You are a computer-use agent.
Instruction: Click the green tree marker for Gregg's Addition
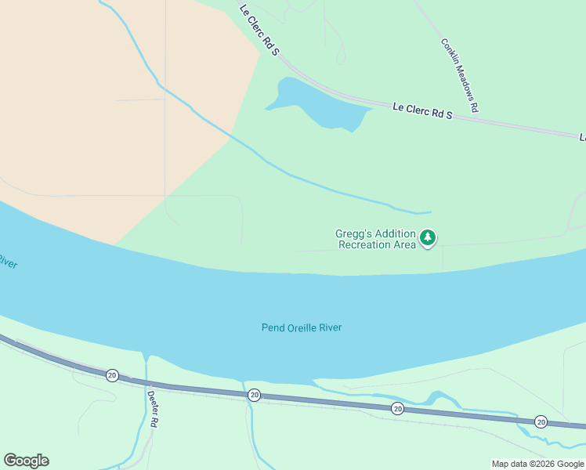click(428, 237)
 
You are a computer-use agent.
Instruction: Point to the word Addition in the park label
click(395, 233)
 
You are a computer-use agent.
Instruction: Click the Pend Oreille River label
click(302, 327)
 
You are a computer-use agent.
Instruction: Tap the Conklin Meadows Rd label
click(459, 76)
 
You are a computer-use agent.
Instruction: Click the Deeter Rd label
click(154, 408)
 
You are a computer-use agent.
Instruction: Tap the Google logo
click(26, 461)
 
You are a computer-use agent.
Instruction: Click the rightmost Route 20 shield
click(541, 421)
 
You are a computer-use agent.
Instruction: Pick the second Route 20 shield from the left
click(254, 395)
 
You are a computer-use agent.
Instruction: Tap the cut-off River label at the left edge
click(7, 261)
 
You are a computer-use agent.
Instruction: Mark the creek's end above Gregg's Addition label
click(429, 211)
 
